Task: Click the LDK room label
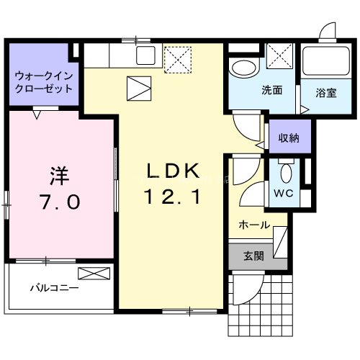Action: (x=173, y=171)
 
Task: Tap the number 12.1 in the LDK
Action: (x=172, y=197)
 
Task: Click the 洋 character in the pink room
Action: (x=59, y=176)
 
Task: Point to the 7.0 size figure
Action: (x=60, y=202)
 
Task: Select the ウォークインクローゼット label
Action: (x=44, y=82)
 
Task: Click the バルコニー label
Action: (x=55, y=288)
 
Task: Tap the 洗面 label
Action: (x=271, y=90)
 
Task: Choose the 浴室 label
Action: (x=326, y=93)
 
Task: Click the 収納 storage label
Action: (x=289, y=138)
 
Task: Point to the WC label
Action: (x=284, y=193)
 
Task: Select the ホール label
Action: (x=254, y=225)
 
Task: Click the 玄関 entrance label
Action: (x=253, y=256)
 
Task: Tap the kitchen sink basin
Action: (x=145, y=55)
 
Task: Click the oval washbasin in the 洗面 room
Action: (x=244, y=68)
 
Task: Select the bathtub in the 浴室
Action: (x=326, y=60)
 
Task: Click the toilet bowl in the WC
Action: (x=286, y=173)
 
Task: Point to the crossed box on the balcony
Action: (x=94, y=274)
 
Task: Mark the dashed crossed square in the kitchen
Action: (x=178, y=60)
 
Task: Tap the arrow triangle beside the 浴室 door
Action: (x=305, y=110)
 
